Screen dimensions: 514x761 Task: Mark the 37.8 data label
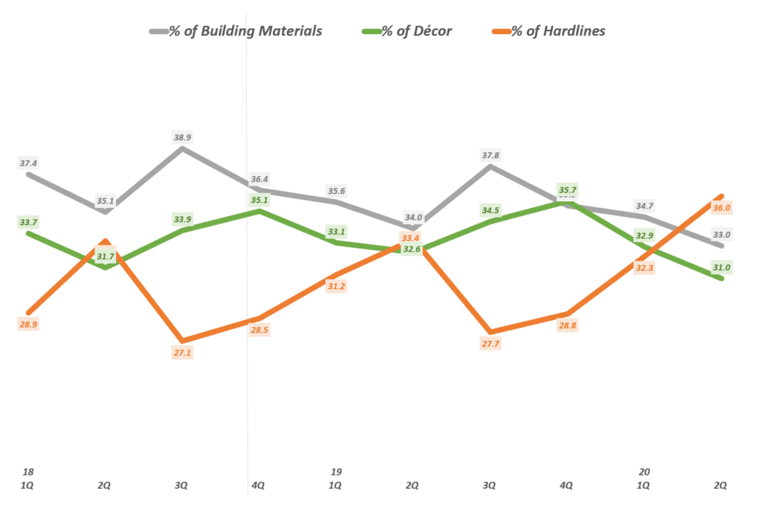point(490,155)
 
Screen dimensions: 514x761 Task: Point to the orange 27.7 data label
point(490,345)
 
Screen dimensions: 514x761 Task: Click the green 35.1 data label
point(259,200)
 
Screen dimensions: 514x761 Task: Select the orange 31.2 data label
point(336,286)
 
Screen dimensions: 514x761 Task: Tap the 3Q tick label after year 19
point(489,486)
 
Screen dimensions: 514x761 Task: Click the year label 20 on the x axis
point(644,472)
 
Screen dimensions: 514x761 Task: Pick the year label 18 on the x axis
point(28,472)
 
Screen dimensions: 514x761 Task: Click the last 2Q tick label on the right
point(720,486)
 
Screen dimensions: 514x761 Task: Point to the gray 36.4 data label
point(259,179)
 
